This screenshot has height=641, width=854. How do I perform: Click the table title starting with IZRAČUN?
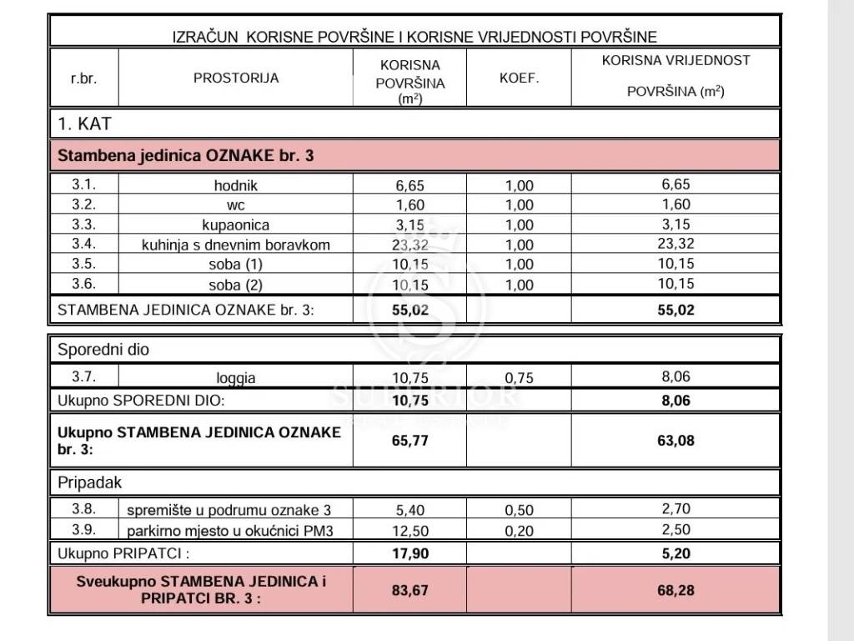click(x=414, y=36)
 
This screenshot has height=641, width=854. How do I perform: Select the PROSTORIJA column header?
click(x=236, y=78)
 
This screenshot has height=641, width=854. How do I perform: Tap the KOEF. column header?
click(x=519, y=78)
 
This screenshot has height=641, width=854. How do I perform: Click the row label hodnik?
click(x=236, y=185)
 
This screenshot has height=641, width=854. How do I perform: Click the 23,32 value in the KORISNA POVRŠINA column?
click(x=409, y=245)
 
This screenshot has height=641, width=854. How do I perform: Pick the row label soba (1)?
click(x=236, y=265)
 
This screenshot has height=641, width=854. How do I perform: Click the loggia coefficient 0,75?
click(x=519, y=377)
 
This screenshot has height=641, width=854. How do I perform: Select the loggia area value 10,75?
click(x=409, y=377)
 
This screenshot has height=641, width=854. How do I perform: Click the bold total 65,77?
click(x=409, y=440)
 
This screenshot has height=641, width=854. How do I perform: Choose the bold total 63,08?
click(x=676, y=440)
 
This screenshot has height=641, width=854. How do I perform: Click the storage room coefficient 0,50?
click(x=519, y=509)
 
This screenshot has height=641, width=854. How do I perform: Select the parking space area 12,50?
click(x=409, y=530)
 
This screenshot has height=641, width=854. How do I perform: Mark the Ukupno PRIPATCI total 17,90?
click(x=409, y=553)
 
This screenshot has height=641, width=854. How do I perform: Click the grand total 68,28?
click(x=676, y=590)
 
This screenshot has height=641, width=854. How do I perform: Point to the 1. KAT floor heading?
click(x=84, y=124)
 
